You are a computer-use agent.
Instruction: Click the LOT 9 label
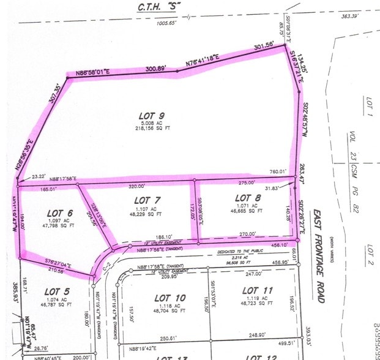click(x=152, y=116)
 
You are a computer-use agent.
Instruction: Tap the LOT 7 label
click(x=147, y=200)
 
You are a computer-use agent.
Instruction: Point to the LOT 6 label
click(x=59, y=213)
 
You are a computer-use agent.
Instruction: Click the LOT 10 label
click(x=171, y=298)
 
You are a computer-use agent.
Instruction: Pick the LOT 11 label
click(x=257, y=290)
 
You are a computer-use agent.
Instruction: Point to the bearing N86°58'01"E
click(x=92, y=73)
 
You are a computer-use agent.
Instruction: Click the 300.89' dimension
click(x=154, y=69)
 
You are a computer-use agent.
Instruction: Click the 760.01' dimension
click(x=278, y=172)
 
